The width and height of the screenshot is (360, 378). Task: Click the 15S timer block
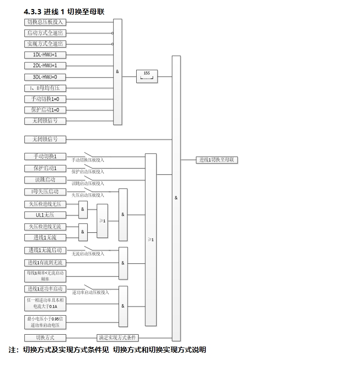[147, 75]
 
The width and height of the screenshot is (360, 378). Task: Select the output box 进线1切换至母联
[217, 160]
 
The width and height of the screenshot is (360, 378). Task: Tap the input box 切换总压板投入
[45, 22]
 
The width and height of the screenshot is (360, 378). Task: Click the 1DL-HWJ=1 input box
[45, 55]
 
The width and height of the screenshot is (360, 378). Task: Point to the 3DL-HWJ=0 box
[45, 77]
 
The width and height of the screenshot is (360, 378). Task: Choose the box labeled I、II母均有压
[45, 88]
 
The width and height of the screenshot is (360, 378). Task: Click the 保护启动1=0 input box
[45, 110]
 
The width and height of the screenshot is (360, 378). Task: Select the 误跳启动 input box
[45, 180]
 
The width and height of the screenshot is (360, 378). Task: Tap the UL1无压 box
[45, 215]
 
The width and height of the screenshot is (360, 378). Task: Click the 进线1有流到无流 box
[45, 263]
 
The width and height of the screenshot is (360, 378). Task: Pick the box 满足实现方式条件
[118, 338]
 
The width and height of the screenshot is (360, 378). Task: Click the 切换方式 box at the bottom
[45, 338]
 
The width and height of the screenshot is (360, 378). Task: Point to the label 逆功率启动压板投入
[90, 292]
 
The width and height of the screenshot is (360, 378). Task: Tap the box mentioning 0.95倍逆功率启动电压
[45, 322]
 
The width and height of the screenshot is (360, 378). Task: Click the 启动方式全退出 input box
[45, 33]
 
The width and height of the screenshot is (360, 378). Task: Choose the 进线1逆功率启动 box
[45, 289]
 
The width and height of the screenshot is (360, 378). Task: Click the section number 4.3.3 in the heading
[32, 11]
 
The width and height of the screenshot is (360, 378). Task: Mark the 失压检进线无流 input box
[45, 227]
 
